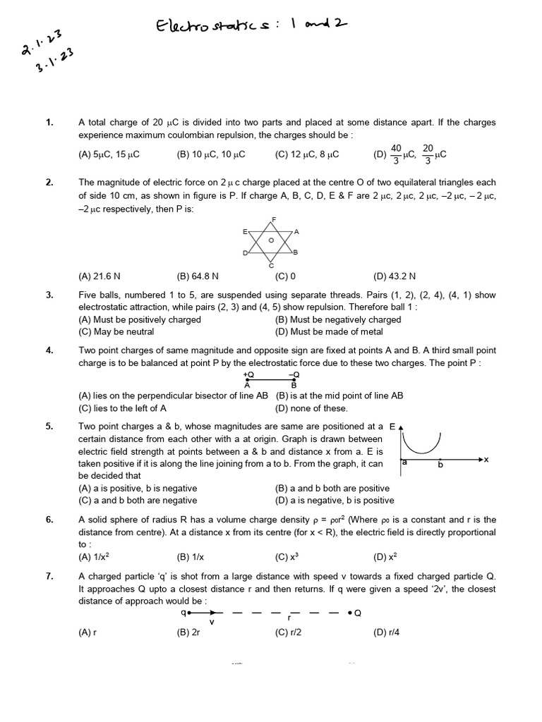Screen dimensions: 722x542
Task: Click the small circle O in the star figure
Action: point(271,240)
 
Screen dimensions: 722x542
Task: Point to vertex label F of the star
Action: point(273,219)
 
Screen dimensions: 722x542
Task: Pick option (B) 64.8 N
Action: point(198,276)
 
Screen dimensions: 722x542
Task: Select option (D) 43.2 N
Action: point(395,276)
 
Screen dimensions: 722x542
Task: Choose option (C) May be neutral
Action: point(116,331)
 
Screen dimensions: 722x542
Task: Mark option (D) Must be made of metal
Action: point(329,331)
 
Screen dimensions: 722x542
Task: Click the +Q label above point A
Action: point(248,375)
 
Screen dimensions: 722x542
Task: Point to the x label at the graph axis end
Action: point(486,460)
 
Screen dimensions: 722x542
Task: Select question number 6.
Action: point(49,520)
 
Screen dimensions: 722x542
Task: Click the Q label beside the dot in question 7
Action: point(357,613)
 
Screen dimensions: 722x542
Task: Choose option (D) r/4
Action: point(386,632)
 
